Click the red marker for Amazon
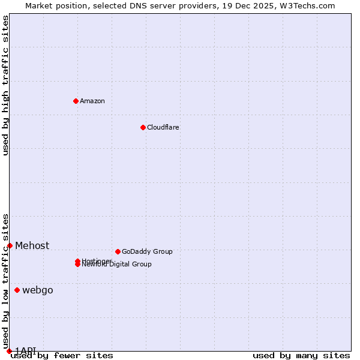tap(76, 101)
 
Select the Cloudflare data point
tap(143, 127)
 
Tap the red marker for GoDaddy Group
tap(118, 251)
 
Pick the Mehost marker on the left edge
tap(10, 245)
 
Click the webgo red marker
tap(17, 290)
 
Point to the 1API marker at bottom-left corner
tap(9, 351)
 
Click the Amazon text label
tap(92, 101)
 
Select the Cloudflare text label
tap(163, 127)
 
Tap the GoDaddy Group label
tap(147, 251)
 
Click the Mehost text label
tap(32, 245)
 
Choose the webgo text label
tap(38, 290)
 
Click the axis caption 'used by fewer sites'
tap(62, 356)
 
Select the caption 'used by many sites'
tap(301, 356)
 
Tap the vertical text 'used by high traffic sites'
tap(6, 85)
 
